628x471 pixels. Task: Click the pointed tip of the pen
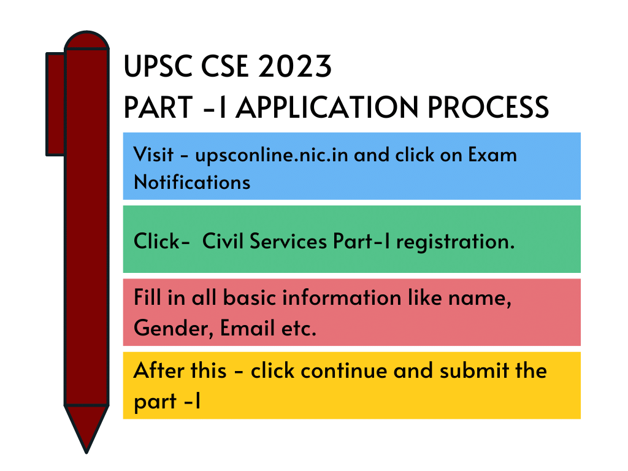(86, 453)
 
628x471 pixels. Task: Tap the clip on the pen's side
(55, 104)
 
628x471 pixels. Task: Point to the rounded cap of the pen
(86, 40)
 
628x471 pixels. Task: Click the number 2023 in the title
(295, 66)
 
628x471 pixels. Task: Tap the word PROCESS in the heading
(488, 107)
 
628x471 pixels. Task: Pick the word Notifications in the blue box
(192, 182)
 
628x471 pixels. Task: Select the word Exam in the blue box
(492, 155)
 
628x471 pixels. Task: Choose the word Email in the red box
(247, 328)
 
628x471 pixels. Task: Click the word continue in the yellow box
(344, 370)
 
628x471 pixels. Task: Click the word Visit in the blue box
(153, 155)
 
